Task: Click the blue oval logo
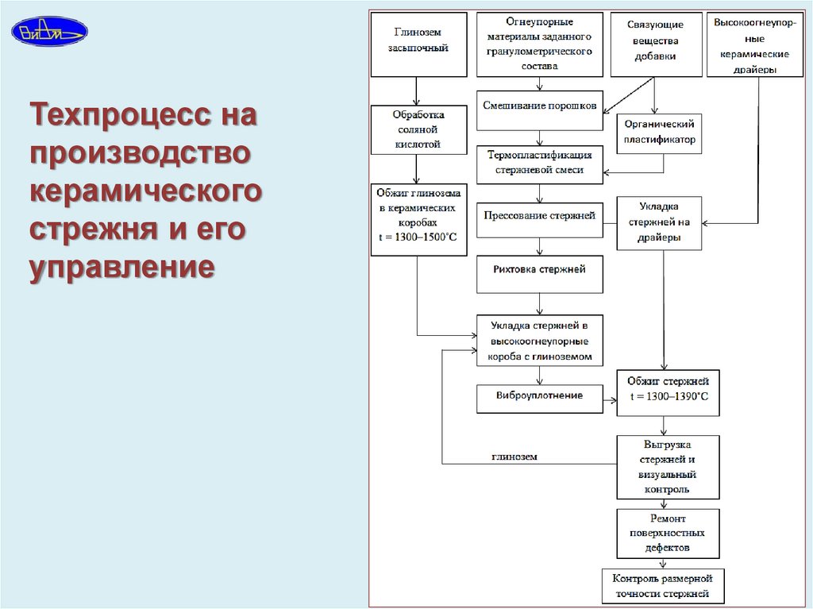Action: tap(49, 31)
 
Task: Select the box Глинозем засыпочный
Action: tap(418, 44)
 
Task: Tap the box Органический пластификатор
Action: tap(659, 132)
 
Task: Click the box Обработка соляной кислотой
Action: tap(418, 129)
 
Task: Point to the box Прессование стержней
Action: tap(540, 218)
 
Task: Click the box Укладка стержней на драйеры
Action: tap(659, 223)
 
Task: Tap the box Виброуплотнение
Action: tap(540, 396)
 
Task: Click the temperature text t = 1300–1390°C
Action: tap(669, 397)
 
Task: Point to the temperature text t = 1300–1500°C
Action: tap(418, 237)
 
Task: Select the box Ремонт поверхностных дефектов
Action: tap(669, 534)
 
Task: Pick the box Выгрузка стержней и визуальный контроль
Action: tap(669, 467)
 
